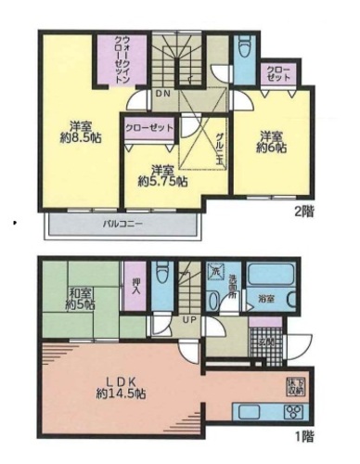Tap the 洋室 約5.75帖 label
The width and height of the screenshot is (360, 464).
pos(162,175)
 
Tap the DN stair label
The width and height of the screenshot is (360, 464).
pos(161,95)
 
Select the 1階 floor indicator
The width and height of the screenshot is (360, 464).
pos(303,434)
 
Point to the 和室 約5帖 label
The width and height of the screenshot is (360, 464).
pos(79,299)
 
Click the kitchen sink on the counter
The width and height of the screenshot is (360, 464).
pos(252,414)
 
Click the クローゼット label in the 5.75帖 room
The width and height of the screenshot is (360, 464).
pos(148,127)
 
